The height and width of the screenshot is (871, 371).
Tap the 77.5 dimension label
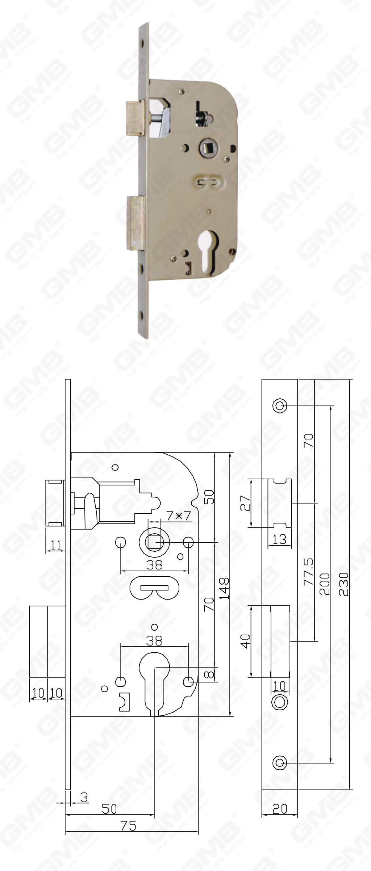309,572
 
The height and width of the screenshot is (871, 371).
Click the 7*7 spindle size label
178,516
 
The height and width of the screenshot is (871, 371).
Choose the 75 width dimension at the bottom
128,853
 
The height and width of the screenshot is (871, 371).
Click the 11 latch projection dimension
56,545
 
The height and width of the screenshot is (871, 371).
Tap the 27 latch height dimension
247,503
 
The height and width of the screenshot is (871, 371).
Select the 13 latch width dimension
279,539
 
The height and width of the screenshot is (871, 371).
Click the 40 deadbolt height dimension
246,640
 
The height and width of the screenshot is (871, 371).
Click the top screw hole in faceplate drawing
279,405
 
